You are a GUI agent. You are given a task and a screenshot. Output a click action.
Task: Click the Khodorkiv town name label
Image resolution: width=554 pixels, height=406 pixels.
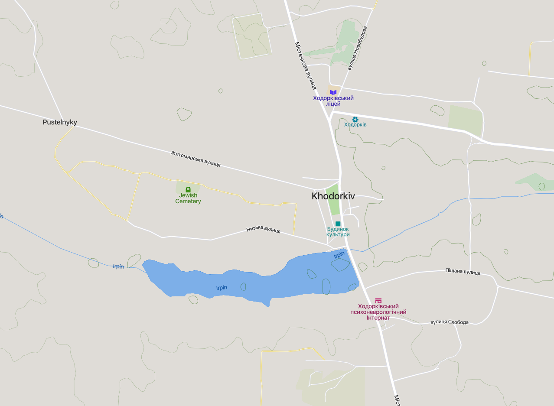tap(333, 196)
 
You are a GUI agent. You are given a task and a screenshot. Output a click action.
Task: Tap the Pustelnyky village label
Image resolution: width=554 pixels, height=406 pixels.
tap(60, 122)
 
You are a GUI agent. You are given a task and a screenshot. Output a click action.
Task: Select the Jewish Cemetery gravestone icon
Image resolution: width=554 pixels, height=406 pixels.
tap(188, 189)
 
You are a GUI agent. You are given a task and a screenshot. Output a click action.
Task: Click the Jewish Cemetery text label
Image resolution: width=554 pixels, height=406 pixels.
tap(188, 198)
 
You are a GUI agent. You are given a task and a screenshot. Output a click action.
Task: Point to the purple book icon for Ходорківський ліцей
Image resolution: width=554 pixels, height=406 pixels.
tap(333, 92)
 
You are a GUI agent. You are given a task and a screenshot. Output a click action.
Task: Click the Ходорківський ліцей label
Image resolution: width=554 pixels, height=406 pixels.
tap(333, 101)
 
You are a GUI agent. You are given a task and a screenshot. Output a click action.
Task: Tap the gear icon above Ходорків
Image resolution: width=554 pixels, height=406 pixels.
tap(355, 119)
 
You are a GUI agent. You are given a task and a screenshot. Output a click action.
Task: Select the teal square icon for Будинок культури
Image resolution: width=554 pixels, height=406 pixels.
tap(338, 224)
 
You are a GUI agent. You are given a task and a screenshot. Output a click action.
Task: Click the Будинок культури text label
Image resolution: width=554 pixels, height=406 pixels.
tap(338, 232)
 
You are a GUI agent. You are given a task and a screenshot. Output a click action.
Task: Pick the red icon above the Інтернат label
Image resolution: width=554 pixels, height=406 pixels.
tap(378, 300)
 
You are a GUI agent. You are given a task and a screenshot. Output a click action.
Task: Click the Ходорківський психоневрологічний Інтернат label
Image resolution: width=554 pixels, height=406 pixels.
tap(378, 312)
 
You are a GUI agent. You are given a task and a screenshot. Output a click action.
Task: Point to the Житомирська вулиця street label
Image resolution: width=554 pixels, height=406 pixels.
tap(196, 159)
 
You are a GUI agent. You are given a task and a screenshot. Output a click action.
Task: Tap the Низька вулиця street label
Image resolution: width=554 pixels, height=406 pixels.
tap(263, 230)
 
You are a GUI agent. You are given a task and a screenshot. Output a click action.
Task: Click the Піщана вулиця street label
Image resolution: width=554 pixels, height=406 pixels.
tap(463, 272)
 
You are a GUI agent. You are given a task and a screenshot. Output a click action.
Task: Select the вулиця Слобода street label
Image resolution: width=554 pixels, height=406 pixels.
tap(450, 322)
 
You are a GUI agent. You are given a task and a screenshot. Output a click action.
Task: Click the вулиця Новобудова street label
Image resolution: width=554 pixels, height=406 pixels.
tap(358, 48)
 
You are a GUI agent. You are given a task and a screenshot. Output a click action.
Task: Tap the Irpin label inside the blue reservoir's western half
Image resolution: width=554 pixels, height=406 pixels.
tap(222, 288)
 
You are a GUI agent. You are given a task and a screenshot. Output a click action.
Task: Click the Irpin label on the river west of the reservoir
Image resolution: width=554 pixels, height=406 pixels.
tap(118, 266)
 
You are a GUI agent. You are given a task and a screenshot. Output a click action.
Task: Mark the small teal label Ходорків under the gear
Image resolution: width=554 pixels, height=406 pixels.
tap(355, 125)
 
